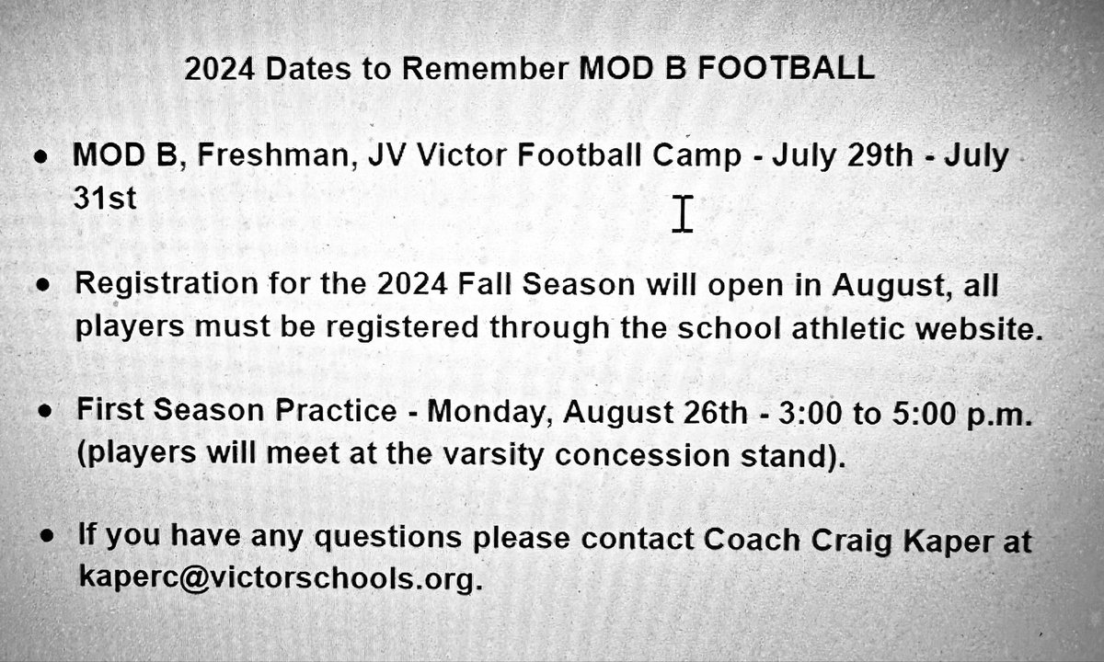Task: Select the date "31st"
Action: point(105,200)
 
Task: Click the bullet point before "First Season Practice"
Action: point(43,414)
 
